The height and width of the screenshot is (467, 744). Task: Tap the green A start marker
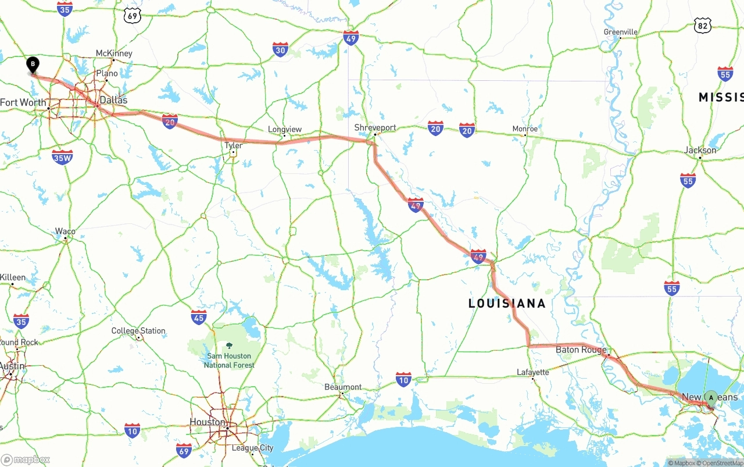(x=711, y=398)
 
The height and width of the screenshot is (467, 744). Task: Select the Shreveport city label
(x=375, y=128)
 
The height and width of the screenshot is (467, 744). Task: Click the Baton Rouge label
(x=581, y=350)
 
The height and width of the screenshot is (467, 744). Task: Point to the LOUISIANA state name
(x=507, y=304)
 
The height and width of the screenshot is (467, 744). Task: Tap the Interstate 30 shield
(x=280, y=49)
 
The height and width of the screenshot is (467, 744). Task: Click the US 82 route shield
(x=702, y=24)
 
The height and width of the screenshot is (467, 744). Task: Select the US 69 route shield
(x=133, y=16)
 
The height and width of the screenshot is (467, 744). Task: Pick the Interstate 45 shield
(x=199, y=317)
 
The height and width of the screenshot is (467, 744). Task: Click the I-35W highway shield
(x=62, y=156)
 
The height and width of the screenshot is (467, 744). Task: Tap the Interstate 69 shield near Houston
(x=184, y=450)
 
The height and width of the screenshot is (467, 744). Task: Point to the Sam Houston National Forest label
(x=228, y=360)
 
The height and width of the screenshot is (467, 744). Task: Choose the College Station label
(x=138, y=331)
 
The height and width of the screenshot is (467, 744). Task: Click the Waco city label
(x=65, y=231)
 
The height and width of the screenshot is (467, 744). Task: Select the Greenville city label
(x=620, y=32)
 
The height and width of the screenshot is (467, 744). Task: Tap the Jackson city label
(x=700, y=150)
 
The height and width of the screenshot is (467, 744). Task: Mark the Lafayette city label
(x=532, y=372)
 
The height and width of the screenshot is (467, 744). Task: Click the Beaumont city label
(x=343, y=387)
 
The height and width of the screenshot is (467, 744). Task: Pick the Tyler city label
(x=233, y=145)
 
